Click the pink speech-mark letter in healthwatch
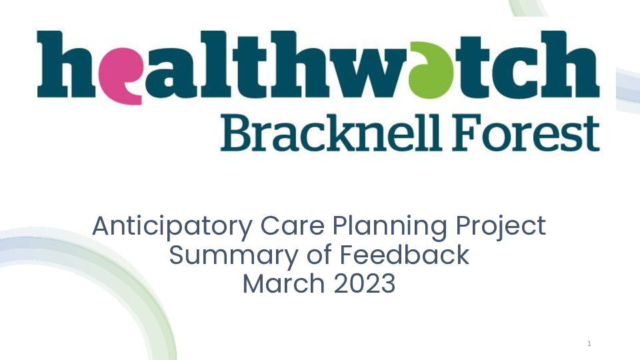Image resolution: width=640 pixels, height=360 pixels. click(121, 75)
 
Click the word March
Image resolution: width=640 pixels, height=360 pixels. click(284, 283)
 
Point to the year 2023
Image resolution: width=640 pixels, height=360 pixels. click(365, 284)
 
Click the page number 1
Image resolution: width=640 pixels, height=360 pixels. click(589, 344)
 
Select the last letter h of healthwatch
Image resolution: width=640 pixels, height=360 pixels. click(569, 64)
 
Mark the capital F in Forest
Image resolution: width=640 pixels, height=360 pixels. click(465, 133)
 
